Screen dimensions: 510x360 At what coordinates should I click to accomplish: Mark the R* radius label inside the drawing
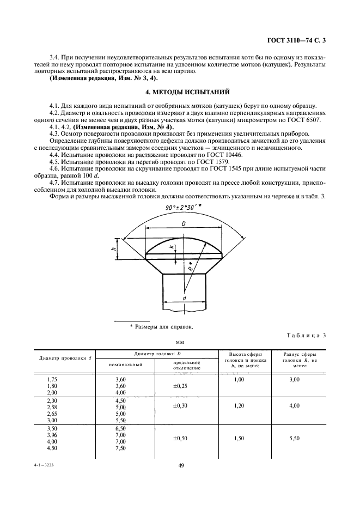[x=190, y=268]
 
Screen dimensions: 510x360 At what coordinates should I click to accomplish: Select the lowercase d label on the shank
[x=185, y=298]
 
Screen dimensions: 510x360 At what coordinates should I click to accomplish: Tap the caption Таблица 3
[x=307, y=335]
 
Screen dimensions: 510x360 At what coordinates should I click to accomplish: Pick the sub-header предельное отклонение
[x=186, y=365]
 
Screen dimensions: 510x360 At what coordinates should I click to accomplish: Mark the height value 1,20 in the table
[x=239, y=406]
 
